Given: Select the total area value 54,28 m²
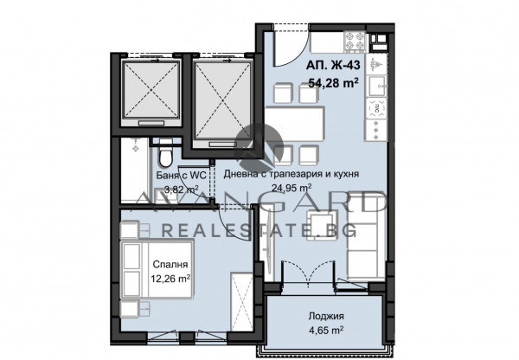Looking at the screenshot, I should tap(333, 83).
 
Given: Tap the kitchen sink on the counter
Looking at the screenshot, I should tap(377, 86).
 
